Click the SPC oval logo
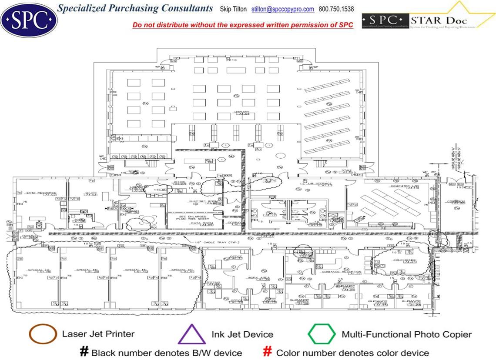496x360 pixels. point(29,19)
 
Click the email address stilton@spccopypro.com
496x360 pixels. point(283,9)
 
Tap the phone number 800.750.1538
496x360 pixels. point(336,9)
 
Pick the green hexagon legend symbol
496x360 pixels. point(322,335)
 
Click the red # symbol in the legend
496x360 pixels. point(268,352)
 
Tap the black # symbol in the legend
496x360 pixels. point(84,352)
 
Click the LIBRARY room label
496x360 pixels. point(242,112)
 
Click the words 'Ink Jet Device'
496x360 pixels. point(242,334)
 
